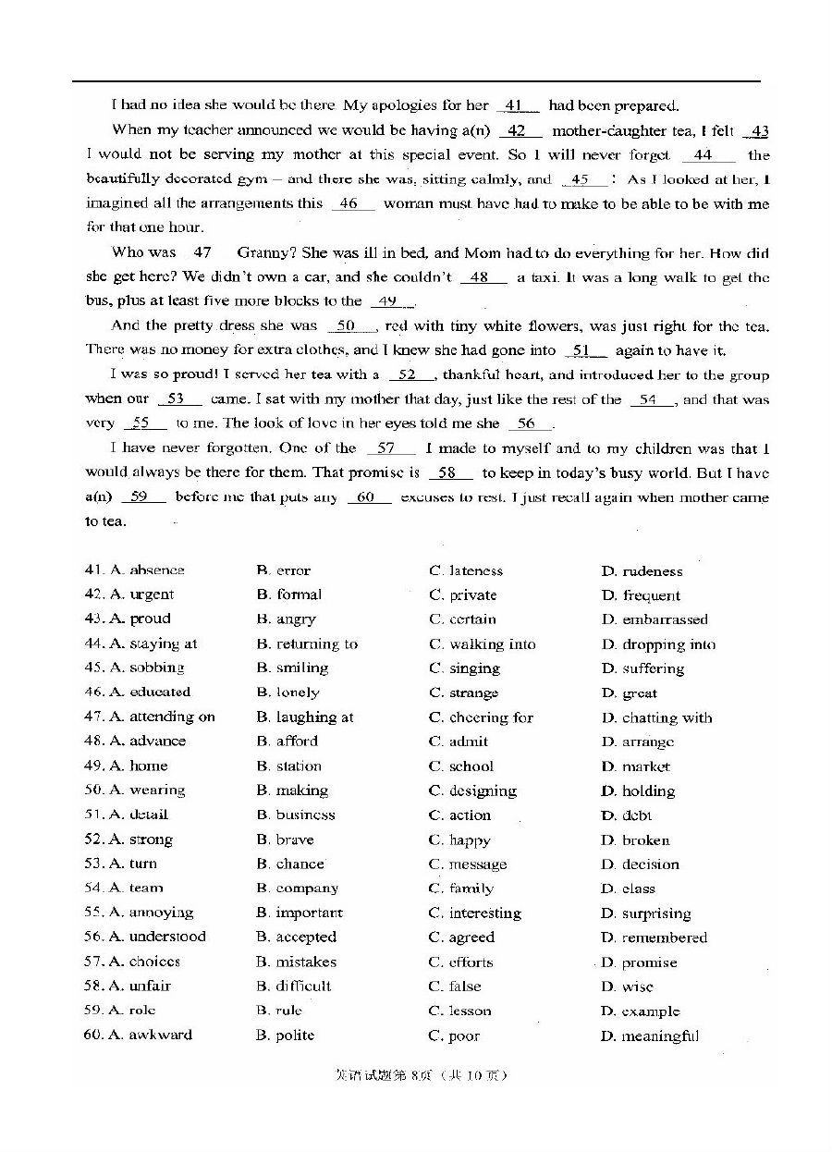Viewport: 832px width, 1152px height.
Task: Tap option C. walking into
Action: pyautogui.click(x=483, y=644)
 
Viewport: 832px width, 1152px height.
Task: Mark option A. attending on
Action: pyautogui.click(x=163, y=717)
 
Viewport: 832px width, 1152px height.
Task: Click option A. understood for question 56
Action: pyautogui.click(x=157, y=937)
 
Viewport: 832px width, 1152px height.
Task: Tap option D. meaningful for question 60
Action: pyautogui.click(x=650, y=1036)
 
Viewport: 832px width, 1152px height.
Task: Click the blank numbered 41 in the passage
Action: pyautogui.click(x=517, y=105)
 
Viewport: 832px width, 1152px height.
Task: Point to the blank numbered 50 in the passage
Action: pyautogui.click(x=347, y=325)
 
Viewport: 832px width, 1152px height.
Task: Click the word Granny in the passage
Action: pyautogui.click(x=262, y=252)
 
